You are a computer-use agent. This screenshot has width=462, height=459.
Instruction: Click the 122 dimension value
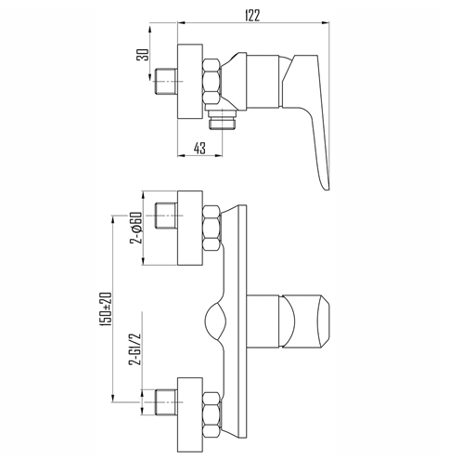(252, 16)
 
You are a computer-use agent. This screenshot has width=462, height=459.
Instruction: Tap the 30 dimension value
(143, 55)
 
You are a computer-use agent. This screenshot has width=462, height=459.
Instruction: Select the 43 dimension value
(199, 148)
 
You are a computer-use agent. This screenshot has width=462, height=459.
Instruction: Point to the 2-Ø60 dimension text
(136, 228)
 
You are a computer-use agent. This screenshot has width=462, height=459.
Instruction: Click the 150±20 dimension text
(105, 308)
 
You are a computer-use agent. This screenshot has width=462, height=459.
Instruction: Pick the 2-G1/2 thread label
(135, 349)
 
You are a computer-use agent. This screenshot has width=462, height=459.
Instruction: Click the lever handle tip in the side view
(326, 186)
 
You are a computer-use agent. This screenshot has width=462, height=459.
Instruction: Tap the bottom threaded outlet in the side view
(222, 120)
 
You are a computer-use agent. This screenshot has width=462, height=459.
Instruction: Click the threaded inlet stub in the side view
(165, 81)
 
